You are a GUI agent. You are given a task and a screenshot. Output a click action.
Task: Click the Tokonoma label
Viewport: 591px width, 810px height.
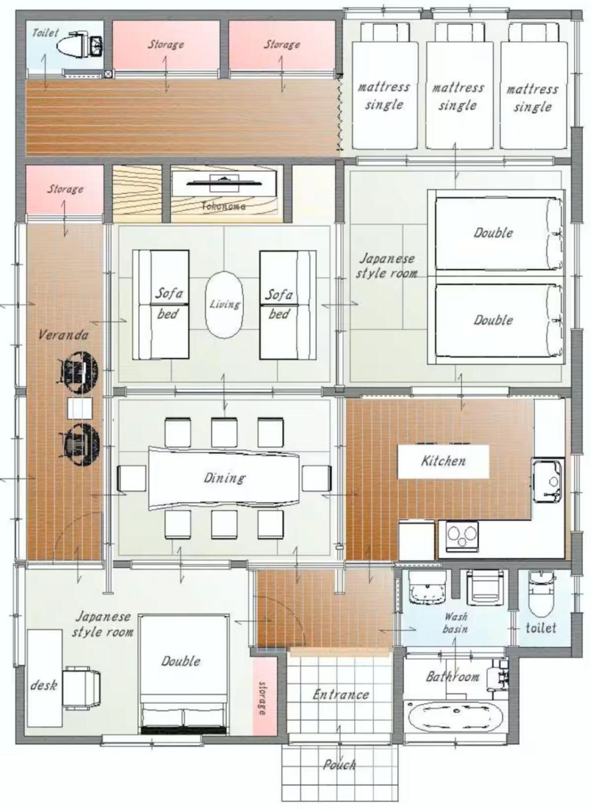coord(223,206)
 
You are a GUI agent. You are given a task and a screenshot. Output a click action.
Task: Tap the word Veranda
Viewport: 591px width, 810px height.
coord(63,335)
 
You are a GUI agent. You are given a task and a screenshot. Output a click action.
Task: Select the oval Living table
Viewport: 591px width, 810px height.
coord(224,305)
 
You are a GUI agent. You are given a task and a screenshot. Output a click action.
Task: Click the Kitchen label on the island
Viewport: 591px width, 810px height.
coord(443,461)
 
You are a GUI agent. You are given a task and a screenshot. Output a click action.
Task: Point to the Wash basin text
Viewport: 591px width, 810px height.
coord(456,623)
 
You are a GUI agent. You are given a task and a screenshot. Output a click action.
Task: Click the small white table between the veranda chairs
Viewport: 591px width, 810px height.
coord(80,408)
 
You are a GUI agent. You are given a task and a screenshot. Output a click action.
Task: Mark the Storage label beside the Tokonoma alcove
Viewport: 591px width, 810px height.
coord(65,189)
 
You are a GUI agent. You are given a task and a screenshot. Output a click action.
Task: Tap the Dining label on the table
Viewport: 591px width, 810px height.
coord(224,478)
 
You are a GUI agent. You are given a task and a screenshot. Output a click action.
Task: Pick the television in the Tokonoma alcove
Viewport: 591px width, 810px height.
coord(224,180)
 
